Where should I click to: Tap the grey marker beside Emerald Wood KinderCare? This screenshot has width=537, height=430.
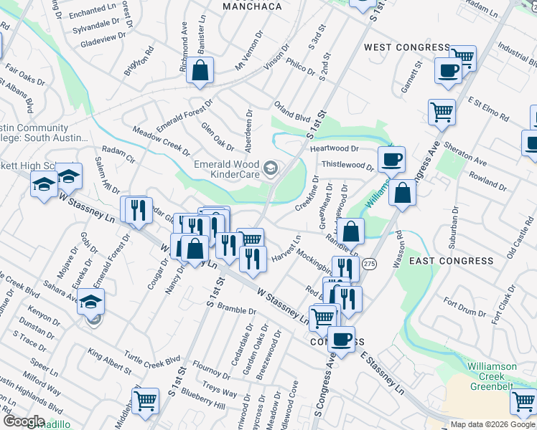271,169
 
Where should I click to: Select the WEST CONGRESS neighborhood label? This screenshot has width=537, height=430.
406,47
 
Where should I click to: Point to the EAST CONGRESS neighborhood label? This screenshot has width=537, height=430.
441,261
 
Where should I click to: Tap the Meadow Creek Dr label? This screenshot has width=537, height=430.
162,141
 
